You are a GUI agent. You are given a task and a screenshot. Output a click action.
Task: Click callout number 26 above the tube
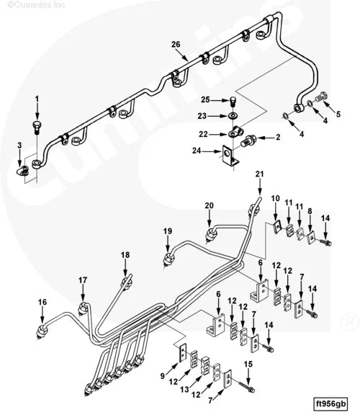point(175,45)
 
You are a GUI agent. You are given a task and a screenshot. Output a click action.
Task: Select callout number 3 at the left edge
point(19,147)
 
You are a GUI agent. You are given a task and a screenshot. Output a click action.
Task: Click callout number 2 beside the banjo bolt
point(277,137)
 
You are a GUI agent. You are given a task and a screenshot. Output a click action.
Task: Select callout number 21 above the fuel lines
point(259,174)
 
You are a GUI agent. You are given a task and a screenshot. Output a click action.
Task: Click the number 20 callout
point(209,205)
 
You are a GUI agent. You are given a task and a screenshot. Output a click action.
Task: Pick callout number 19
point(167,231)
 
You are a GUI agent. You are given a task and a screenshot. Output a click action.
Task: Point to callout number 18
point(125,255)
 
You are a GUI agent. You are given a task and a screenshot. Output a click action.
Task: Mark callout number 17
point(82,280)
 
